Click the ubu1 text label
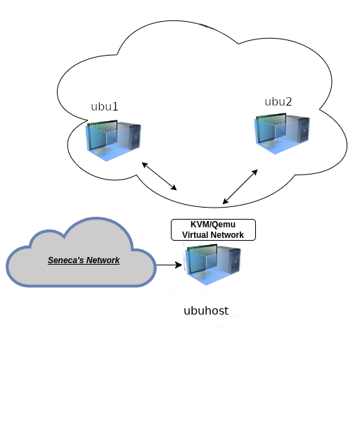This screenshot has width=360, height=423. (105, 107)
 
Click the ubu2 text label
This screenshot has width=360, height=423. (278, 101)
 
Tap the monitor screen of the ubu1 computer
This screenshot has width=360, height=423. (102, 135)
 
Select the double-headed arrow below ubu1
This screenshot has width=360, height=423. (160, 176)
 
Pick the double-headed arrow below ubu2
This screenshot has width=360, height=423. (240, 187)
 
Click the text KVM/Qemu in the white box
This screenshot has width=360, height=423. (213, 225)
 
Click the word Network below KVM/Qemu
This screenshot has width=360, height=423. (229, 235)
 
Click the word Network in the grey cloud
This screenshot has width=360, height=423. (103, 260)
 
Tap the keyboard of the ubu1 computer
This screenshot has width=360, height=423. (103, 151)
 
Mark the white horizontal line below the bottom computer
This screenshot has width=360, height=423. (228, 317)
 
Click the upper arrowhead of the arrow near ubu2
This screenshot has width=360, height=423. (255, 172)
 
